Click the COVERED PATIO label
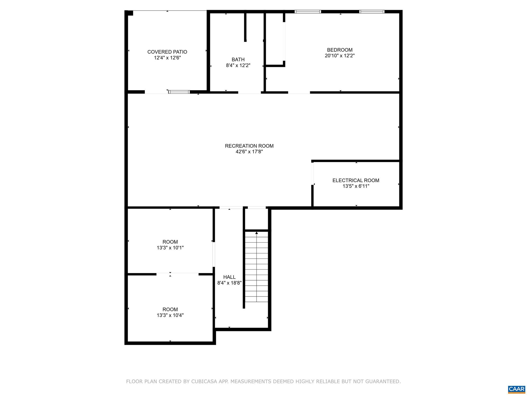[167, 52]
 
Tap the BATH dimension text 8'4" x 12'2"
[238, 66]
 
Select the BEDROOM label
[340, 50]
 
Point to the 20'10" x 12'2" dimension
[340, 56]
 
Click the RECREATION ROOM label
[249, 146]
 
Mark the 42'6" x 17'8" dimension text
[249, 152]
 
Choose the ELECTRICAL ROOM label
[356, 181]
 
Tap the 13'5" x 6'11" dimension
[356, 186]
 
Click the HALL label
[229, 277]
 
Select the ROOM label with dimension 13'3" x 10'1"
[170, 242]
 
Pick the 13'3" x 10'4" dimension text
[170, 315]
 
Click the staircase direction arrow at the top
[257, 233]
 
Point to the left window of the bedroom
[308, 12]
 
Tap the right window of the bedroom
[372, 12]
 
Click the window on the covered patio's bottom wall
[179, 92]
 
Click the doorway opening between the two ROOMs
[177, 274]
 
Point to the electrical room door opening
[312, 174]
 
